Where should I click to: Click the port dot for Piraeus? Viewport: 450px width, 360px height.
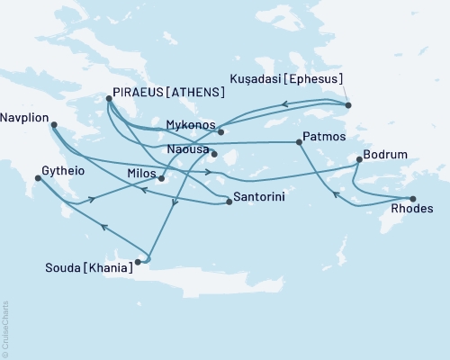pos(109,100)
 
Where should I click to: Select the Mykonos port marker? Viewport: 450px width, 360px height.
pos(220,132)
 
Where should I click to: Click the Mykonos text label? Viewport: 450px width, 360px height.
pos(192,123)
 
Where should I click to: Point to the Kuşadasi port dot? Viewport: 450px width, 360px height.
pos(348,105)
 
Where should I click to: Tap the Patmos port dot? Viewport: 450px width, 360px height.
pos(298,142)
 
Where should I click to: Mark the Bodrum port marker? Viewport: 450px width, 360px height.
pos(359,160)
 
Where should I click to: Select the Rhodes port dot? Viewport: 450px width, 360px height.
pos(412,199)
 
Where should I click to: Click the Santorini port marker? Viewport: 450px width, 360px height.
pos(229,202)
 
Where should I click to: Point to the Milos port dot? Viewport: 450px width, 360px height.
pos(161,178)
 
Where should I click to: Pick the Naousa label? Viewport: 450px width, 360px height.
pos(187,152)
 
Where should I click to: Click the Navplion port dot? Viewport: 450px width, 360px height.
pos(53,126)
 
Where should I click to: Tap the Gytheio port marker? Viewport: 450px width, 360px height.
pos(37,178)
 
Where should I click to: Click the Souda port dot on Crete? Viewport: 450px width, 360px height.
pos(139,263)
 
